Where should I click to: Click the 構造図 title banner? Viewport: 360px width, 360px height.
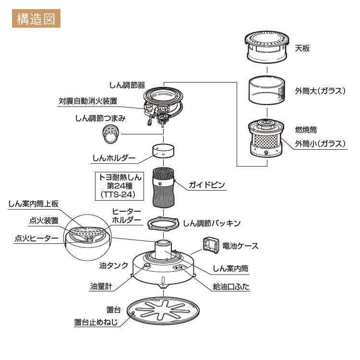point(36,19)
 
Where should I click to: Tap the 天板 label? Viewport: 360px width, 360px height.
point(302,48)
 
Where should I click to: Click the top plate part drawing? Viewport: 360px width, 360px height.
point(266,47)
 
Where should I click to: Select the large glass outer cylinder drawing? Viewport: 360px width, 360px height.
point(267,90)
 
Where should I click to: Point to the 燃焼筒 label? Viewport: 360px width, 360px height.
point(306,130)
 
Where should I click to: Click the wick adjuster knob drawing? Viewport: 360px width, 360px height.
point(111,134)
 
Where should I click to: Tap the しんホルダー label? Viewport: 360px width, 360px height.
point(114,158)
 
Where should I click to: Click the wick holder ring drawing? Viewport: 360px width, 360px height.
point(164,151)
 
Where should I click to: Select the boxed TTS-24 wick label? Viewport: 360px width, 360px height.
point(120,186)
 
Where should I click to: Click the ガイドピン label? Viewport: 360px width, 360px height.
point(206,185)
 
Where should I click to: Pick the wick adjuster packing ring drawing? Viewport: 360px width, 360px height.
point(163,223)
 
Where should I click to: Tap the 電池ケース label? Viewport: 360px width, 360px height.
point(240,246)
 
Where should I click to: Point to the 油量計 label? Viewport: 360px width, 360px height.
point(101,286)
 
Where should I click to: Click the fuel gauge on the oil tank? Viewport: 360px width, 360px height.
point(146,266)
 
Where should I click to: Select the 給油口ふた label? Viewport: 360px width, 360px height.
point(231,287)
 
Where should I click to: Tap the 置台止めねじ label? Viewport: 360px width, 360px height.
point(96,322)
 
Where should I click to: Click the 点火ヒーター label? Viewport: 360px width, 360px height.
point(36,238)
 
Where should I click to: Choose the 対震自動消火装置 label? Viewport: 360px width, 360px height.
point(88,101)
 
